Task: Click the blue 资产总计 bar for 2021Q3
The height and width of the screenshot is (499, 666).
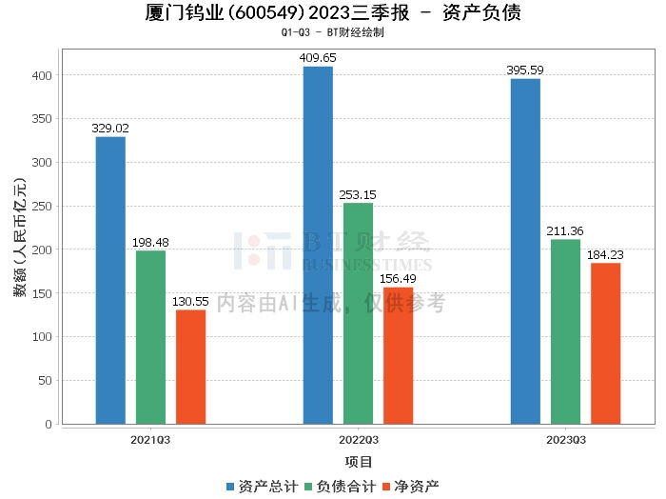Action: pos(110,280)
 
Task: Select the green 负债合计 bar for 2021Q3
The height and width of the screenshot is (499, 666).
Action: pos(150,337)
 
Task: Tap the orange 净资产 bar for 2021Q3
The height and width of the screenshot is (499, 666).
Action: pos(190,367)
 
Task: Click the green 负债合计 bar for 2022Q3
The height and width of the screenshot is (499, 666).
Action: pos(358,313)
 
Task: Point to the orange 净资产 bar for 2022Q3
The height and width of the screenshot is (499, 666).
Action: pos(398,355)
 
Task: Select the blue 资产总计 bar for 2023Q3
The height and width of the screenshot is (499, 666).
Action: pos(525,251)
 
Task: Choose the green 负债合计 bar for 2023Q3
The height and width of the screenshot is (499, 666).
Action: pos(565,331)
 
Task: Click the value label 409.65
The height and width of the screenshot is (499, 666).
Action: pos(318,58)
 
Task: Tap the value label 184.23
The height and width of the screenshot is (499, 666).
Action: pos(605,254)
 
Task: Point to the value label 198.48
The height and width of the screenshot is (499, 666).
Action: pos(150,242)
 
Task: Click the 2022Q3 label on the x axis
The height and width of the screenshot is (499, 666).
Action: pos(358,439)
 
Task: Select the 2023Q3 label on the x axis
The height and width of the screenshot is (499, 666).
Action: pos(565,439)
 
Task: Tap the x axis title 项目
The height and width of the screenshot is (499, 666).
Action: pos(358,462)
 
